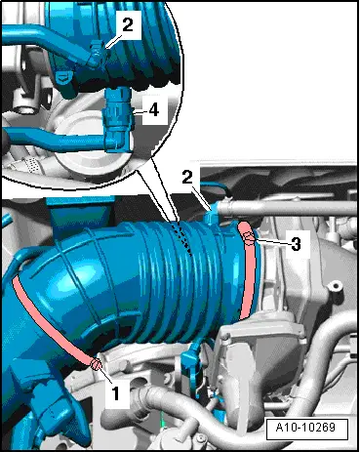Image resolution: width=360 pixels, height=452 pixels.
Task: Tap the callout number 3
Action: tap(294, 244)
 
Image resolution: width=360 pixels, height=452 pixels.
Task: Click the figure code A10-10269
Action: tap(306, 429)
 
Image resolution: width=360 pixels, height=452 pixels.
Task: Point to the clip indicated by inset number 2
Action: tap(95, 59)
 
